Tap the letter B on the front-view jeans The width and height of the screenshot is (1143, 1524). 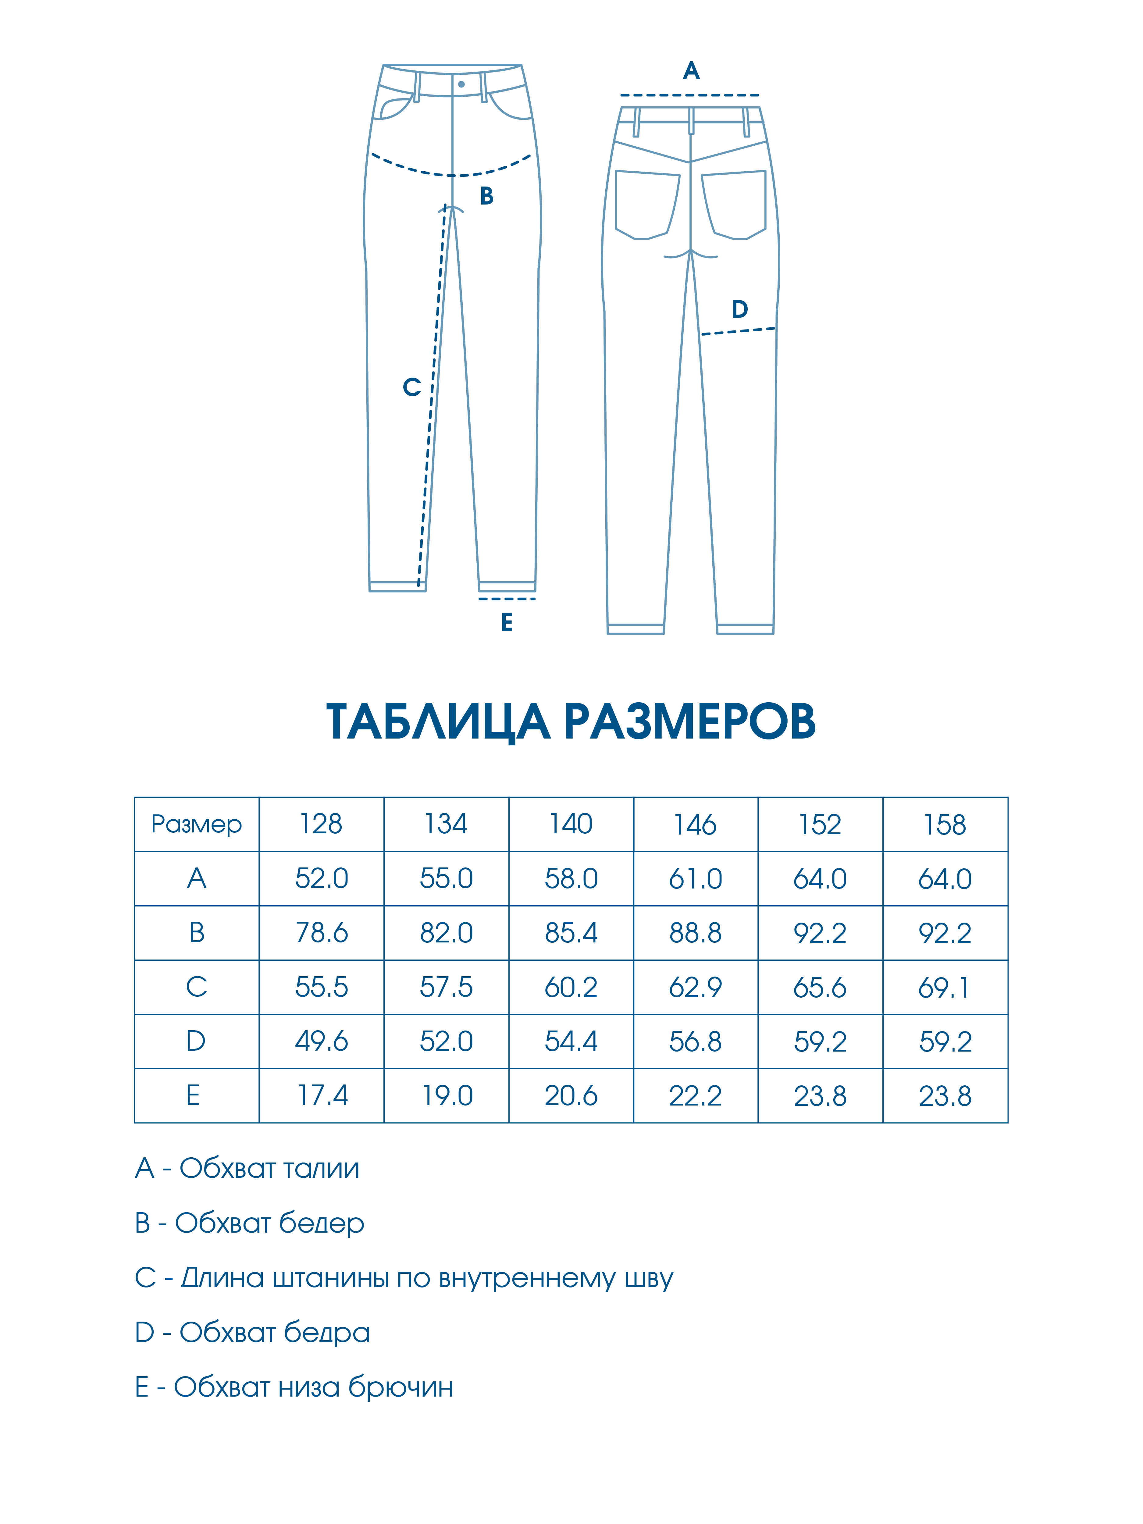click(x=486, y=196)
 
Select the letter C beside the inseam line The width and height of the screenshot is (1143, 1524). click(x=411, y=387)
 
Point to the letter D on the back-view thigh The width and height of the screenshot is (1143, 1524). click(x=739, y=309)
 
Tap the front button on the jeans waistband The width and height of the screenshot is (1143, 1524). click(x=461, y=84)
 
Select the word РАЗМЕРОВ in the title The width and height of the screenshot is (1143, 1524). click(x=690, y=722)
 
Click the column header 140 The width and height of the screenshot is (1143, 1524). click(x=571, y=824)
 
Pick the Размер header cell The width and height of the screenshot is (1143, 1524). click(x=196, y=824)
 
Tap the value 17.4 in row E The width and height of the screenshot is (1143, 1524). click(x=322, y=1095)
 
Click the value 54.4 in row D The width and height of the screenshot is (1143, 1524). click(x=571, y=1041)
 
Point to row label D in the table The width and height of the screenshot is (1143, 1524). click(x=196, y=1041)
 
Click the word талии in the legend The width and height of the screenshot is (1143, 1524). click(x=321, y=1169)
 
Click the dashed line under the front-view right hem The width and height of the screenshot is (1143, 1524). click(x=507, y=599)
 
